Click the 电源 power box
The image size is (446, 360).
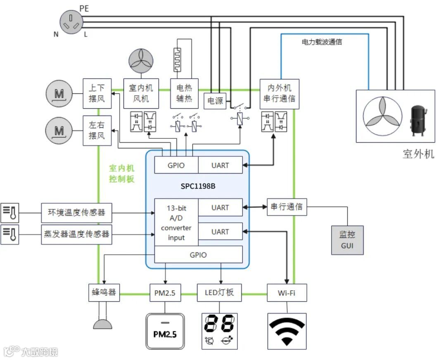[x=215, y=101]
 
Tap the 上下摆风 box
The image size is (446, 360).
[x=97, y=93]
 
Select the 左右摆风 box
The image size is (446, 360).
[x=97, y=131]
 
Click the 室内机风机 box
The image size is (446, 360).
[x=141, y=93]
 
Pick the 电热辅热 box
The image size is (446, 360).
[x=184, y=93]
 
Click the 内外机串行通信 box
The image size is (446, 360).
[x=279, y=94]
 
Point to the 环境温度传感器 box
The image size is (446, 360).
[x=76, y=212]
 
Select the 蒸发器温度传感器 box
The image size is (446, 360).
[x=76, y=234]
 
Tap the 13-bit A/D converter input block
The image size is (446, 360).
[x=176, y=222]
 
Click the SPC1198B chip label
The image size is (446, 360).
[x=198, y=186]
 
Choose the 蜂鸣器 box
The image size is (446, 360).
[x=104, y=293]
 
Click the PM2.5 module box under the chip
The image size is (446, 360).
[x=165, y=293]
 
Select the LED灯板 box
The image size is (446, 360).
[x=219, y=293]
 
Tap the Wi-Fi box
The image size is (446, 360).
[x=287, y=293]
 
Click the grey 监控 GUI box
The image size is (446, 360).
[x=347, y=240]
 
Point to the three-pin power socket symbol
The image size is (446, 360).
[x=71, y=22]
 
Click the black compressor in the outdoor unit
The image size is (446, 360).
[x=418, y=120]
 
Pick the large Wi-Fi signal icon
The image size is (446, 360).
[x=287, y=331]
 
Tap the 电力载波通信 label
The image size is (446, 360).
[x=322, y=42]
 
